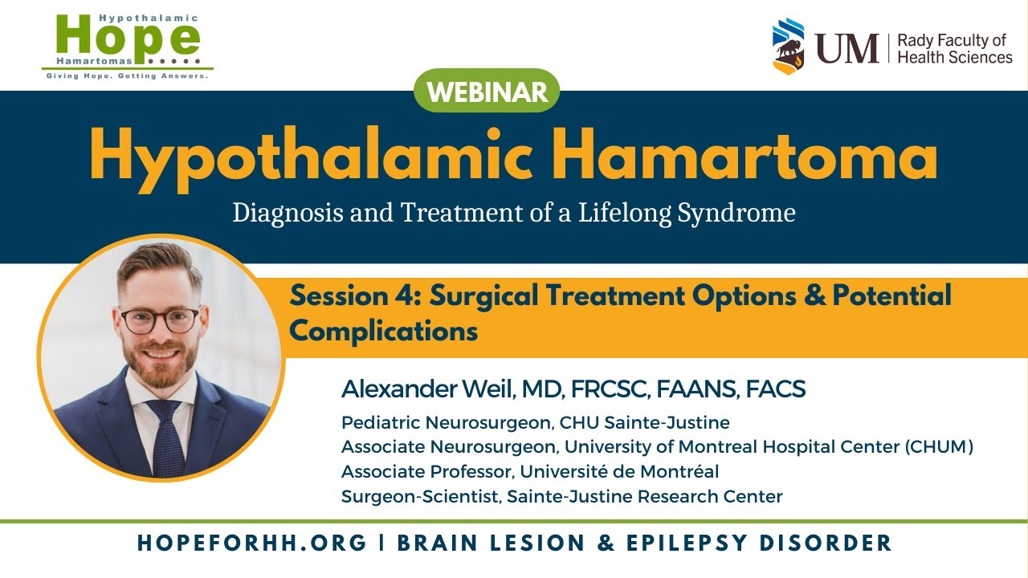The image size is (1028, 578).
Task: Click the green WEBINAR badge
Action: (487, 92)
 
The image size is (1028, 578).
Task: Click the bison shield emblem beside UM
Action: (788, 46)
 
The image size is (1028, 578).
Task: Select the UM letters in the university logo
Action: (847, 48)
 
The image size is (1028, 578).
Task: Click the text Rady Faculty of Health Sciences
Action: (954, 49)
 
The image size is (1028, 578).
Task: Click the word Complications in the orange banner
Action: (384, 330)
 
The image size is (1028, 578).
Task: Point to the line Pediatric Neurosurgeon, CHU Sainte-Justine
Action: (535, 422)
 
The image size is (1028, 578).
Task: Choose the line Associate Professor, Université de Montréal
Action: (530, 471)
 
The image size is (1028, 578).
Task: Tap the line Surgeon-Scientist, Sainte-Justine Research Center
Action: (561, 496)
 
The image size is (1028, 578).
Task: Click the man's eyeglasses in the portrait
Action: (159, 318)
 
